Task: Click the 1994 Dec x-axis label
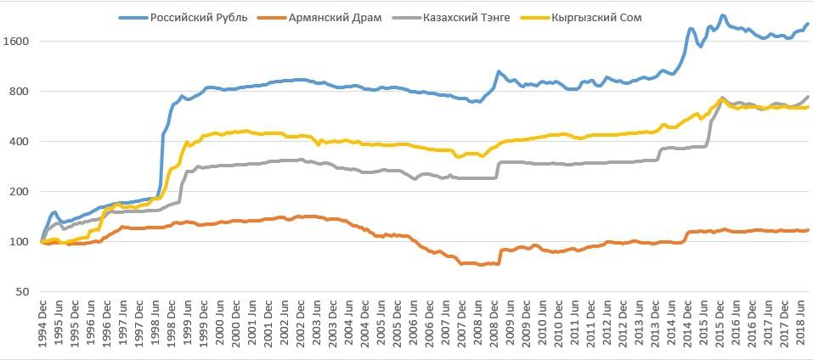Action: tap(42, 323)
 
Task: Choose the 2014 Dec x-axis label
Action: tap(686, 323)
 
